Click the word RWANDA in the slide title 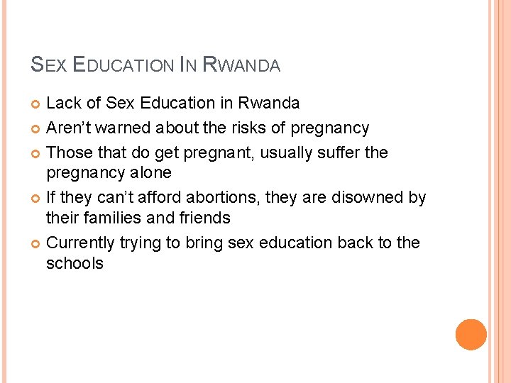(242, 65)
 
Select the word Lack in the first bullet (63, 103)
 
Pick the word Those (67, 152)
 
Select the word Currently (80, 243)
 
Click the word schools (75, 263)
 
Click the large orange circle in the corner (471, 335)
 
